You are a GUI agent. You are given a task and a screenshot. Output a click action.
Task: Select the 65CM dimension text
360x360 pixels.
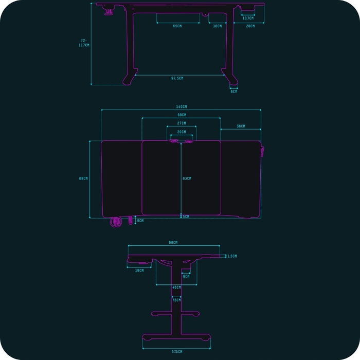tap(177, 26)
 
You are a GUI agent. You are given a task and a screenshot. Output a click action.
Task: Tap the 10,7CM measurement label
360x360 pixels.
tap(247, 18)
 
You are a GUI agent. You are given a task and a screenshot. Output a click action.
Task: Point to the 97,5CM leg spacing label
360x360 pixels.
tap(177, 78)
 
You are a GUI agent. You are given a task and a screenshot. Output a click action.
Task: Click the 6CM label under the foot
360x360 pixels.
tap(233, 91)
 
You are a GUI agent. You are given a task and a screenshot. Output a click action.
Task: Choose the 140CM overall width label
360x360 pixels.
tap(181, 106)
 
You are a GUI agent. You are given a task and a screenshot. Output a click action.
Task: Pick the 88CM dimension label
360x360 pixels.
tap(181, 115)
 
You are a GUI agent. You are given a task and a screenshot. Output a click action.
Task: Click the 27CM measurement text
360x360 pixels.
tap(181, 123)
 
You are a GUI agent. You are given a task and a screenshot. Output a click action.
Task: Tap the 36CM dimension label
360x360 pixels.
tap(241, 126)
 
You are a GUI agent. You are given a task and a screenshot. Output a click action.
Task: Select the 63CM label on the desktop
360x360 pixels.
tap(187, 178)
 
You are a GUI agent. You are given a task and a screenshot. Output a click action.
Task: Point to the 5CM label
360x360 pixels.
tap(186, 217)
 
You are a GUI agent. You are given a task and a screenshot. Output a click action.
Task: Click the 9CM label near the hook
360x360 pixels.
tap(140, 221)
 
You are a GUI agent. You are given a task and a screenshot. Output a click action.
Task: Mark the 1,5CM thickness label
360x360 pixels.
tap(232, 256)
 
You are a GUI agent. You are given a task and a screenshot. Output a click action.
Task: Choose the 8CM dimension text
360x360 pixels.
tap(186, 276)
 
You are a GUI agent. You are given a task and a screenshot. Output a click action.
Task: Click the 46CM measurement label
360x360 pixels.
tap(176, 287)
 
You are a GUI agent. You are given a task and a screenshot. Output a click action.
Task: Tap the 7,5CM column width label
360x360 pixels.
tap(176, 300)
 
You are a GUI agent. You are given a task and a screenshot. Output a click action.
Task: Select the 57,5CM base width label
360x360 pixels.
tap(176, 352)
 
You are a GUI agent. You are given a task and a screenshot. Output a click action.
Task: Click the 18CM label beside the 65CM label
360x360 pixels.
tap(218, 26)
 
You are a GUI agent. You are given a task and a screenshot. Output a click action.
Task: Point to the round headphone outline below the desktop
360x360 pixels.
tap(114, 222)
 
